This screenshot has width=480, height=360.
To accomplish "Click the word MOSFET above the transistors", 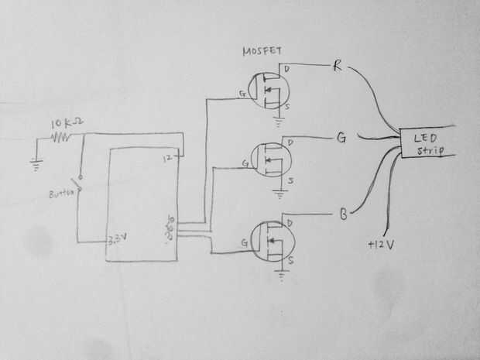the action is pos(262,52).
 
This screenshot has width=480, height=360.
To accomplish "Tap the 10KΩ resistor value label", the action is pos(61,125).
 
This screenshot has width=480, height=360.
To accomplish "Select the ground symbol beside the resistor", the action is pos(35,163).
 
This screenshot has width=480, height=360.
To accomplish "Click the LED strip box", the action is pos(423,145).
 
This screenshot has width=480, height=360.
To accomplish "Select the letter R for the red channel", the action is pos(338,65).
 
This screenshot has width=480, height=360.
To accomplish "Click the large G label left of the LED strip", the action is pos(341,139).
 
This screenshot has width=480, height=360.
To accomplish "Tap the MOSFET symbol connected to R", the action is pos(267,91).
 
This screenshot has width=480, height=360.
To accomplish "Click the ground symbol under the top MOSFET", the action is pos(279,121).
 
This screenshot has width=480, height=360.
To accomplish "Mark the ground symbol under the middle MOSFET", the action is pos(279,193).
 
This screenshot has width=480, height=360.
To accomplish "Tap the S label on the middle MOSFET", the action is pos(290,180).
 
